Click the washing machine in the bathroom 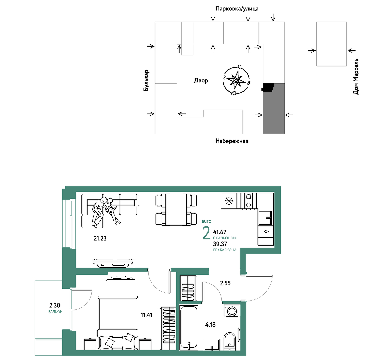[x=232, y=310]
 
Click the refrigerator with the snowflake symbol [x=229, y=200]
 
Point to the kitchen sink [x=265, y=218]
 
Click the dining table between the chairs [x=176, y=209]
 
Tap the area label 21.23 [x=100, y=238]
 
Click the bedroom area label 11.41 [x=146, y=315]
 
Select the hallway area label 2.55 [x=225, y=283]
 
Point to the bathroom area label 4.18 [x=210, y=324]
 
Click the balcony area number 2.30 [x=55, y=305]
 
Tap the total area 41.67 [x=220, y=232]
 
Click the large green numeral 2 [x=206, y=233]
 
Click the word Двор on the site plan [x=201, y=81]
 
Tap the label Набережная [x=232, y=141]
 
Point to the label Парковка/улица [x=237, y=9]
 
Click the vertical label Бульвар [x=146, y=80]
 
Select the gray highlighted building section [x=274, y=108]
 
